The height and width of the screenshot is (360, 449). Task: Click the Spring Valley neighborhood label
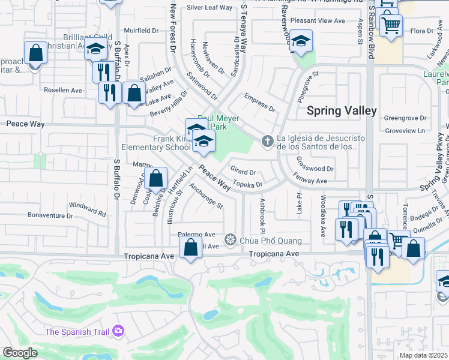(x=342, y=110)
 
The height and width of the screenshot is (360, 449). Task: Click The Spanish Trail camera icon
(x=118, y=331)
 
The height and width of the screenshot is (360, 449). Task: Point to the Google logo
(x=20, y=352)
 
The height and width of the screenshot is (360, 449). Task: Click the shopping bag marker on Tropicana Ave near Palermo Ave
(x=190, y=247)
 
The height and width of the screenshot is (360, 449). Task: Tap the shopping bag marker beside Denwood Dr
(x=155, y=178)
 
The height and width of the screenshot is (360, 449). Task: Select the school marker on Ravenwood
(x=302, y=41)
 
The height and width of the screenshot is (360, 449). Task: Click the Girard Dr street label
(x=244, y=172)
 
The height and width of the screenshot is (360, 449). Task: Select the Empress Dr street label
(x=259, y=103)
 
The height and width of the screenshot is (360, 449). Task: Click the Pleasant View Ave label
(x=318, y=20)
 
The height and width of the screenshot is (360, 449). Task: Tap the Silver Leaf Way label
(x=209, y=8)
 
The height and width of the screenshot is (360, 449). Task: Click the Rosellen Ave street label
(x=62, y=90)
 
